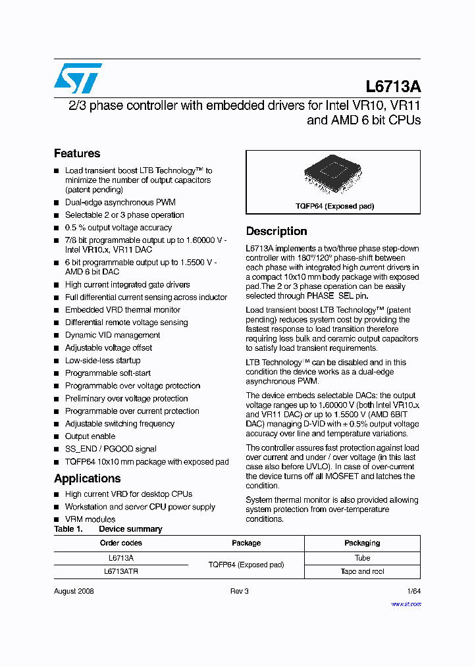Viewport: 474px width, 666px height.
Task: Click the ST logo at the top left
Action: [x=78, y=78]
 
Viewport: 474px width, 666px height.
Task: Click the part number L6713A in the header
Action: [x=393, y=87]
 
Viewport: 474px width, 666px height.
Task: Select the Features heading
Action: [x=77, y=153]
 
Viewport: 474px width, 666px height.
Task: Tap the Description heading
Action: [x=276, y=231]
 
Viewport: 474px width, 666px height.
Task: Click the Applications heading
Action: [x=87, y=478]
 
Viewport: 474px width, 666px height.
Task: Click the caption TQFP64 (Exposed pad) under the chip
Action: [x=334, y=206]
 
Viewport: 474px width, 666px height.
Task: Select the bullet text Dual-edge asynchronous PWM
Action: [x=120, y=202]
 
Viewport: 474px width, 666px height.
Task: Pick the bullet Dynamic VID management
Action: [x=112, y=335]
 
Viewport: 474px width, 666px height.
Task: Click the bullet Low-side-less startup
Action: [x=102, y=361]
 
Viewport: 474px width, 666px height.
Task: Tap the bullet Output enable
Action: [x=90, y=436]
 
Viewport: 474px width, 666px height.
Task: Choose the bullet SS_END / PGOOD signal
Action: [x=110, y=449]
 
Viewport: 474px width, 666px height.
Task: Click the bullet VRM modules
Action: [x=90, y=519]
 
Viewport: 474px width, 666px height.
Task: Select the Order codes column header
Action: [x=120, y=543]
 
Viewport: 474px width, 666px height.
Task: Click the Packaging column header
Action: [x=362, y=543]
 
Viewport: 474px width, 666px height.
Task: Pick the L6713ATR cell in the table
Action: [x=120, y=572]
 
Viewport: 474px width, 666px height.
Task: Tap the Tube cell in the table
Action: [x=362, y=557]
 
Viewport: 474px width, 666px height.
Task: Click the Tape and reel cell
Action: [x=362, y=571]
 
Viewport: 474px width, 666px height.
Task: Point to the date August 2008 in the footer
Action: [x=74, y=591]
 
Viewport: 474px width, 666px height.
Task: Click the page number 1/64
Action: [x=413, y=591]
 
